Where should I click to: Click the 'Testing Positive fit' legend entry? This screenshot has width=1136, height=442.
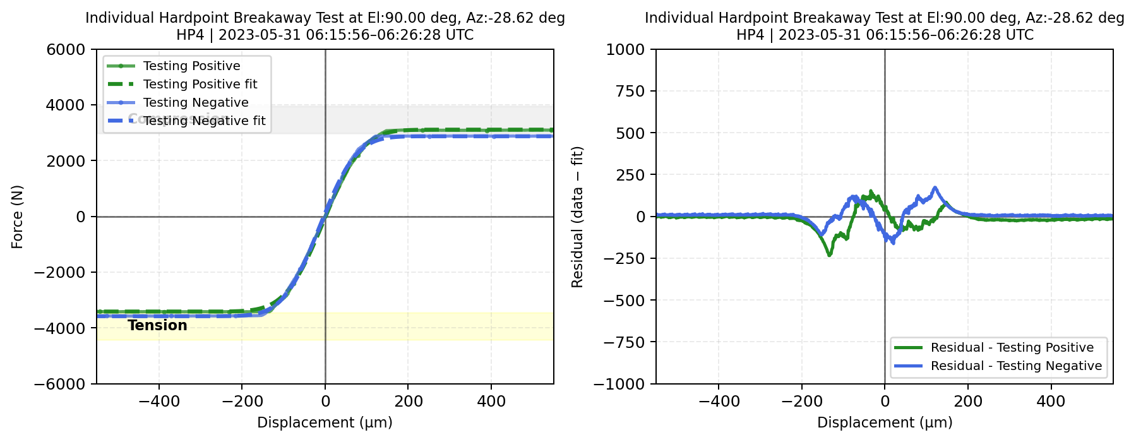[x=200, y=84]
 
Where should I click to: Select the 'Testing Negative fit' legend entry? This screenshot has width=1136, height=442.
[x=204, y=121]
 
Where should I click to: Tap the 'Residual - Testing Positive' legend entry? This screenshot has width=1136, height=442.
[x=1012, y=347]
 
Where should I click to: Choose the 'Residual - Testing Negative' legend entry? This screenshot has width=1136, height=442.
[x=1016, y=366]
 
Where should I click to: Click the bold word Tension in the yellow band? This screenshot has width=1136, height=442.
[x=157, y=325]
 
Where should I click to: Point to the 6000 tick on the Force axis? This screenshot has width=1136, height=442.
[x=66, y=49]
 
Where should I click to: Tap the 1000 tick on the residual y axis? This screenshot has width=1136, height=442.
[x=625, y=49]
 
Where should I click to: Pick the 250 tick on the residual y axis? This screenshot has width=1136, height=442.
[x=631, y=175]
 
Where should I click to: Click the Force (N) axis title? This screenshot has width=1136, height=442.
[x=17, y=217]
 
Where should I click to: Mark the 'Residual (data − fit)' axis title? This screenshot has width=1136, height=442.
[x=577, y=217]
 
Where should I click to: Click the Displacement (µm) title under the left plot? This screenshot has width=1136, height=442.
[x=325, y=422]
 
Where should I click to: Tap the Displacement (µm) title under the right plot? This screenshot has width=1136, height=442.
[x=885, y=422]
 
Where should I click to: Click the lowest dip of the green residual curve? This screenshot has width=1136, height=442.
[x=829, y=254]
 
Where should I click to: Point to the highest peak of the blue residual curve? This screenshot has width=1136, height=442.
[x=935, y=188]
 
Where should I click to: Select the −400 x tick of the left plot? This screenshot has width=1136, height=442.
[x=159, y=401]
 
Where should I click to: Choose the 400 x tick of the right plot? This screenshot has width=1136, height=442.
[x=1051, y=401]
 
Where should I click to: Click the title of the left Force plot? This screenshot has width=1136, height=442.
[x=325, y=26]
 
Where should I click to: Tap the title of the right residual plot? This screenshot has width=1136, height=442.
[x=884, y=26]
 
